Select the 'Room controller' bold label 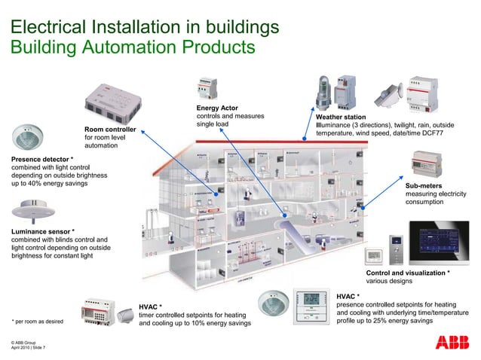[x=109, y=129]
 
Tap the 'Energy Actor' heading [x=216, y=108]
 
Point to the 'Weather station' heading [x=341, y=117]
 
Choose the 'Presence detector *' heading [x=42, y=160]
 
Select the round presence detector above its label [x=28, y=137]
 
